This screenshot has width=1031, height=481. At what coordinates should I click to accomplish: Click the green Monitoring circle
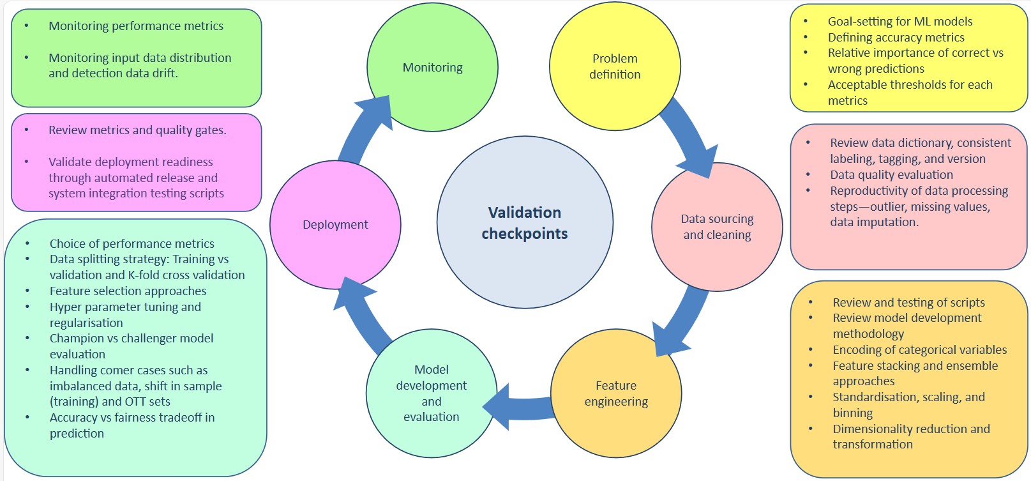[432, 67]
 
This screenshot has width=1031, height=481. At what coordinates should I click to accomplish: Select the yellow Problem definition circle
[615, 66]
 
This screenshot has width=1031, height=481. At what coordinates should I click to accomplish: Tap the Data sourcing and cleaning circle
[717, 227]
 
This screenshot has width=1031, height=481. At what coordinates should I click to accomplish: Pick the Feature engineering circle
[616, 393]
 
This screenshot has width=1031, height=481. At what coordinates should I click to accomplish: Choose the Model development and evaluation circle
[432, 393]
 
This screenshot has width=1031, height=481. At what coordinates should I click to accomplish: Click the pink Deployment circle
[335, 225]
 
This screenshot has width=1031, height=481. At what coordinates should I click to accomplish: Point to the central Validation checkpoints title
[525, 223]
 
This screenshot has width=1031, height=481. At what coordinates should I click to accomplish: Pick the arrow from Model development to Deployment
[363, 313]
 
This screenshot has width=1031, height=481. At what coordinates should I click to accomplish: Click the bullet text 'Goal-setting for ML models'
[900, 21]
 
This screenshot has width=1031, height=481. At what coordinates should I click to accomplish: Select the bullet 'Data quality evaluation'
[891, 174]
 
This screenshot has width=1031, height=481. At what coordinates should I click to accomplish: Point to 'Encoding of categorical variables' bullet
[919, 349]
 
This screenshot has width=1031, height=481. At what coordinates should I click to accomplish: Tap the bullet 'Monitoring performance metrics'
[136, 26]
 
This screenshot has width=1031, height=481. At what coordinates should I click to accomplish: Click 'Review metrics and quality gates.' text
[137, 130]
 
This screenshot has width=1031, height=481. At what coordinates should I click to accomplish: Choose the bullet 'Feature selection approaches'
[128, 291]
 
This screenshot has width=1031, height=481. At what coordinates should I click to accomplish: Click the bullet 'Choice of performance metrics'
[132, 243]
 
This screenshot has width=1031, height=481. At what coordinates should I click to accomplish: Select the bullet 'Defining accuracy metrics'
[896, 37]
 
